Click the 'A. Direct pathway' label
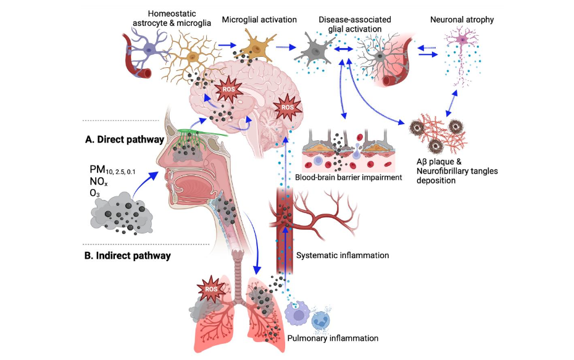[x=124, y=140]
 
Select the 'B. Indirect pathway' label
[x=127, y=255]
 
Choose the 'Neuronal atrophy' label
[x=462, y=20]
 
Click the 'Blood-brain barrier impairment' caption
[x=349, y=178]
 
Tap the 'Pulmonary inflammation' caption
[x=333, y=338]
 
